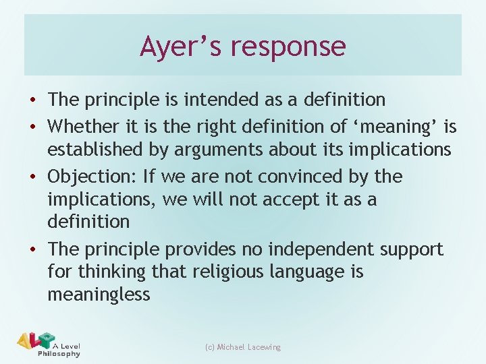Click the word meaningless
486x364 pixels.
click(99, 295)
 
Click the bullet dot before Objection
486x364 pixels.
click(34, 177)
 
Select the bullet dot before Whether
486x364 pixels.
click(34, 126)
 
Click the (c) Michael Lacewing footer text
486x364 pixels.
click(242, 347)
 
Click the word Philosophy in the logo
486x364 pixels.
click(59, 353)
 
